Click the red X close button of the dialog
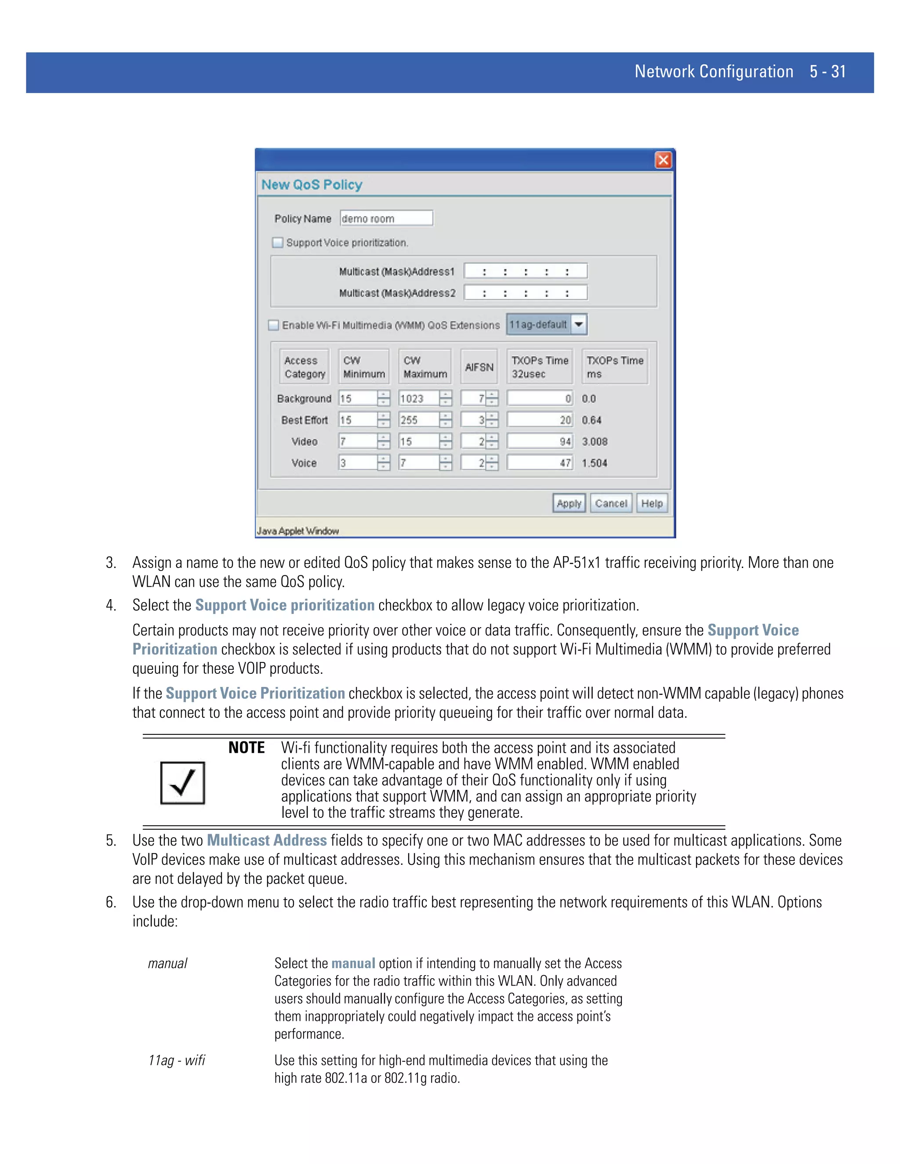tap(663, 160)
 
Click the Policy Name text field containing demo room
tap(386, 218)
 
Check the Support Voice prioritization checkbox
tap(278, 242)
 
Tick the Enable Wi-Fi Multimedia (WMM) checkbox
tap(273, 325)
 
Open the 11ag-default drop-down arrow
tap(578, 324)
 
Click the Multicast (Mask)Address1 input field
tap(525, 271)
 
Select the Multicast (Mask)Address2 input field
tap(525, 293)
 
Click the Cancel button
tap(611, 503)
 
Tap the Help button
tap(652, 503)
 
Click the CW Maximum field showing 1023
tap(418, 399)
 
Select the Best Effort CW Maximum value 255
tap(418, 420)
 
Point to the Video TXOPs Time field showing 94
tap(539, 441)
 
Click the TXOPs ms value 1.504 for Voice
tap(595, 463)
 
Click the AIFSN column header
tap(479, 367)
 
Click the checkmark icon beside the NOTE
tap(182, 783)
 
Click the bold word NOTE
tap(247, 748)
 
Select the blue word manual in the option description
tap(353, 963)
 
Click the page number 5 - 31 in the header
tap(827, 72)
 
